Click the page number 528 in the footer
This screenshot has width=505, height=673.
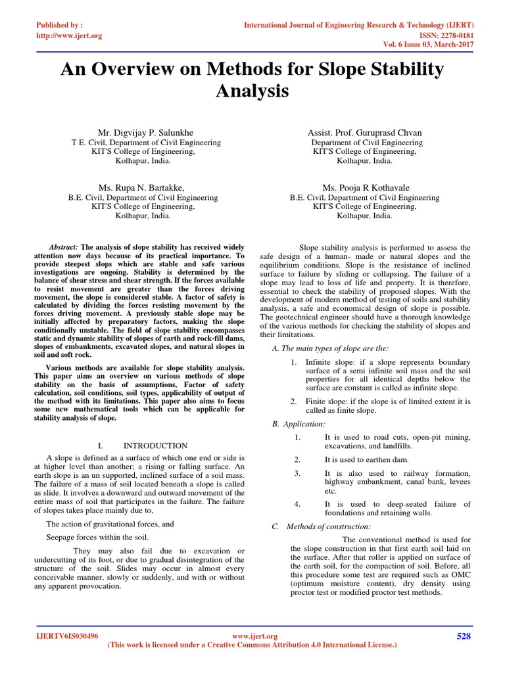[464, 636]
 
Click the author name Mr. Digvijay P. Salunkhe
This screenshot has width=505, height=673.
[146, 133]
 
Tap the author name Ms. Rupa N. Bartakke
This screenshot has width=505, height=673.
[147, 187]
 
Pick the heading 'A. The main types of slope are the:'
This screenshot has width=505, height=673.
[331, 348]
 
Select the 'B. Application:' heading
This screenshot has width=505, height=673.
[299, 424]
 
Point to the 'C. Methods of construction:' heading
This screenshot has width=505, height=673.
[322, 526]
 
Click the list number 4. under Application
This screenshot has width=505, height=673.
[297, 504]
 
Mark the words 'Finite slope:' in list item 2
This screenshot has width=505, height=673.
[324, 401]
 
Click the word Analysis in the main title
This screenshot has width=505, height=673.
[252, 91]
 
